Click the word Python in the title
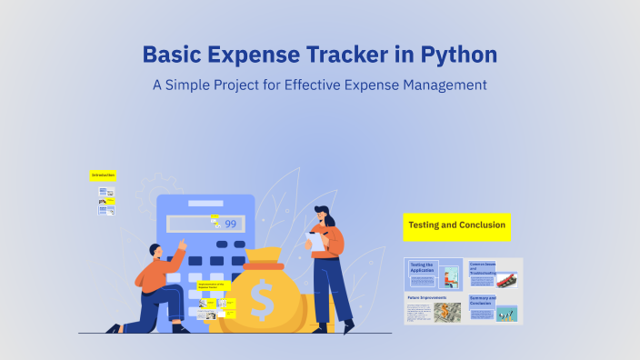pos(458,55)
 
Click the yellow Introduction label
pos(103,175)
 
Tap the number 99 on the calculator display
pos(231,224)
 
